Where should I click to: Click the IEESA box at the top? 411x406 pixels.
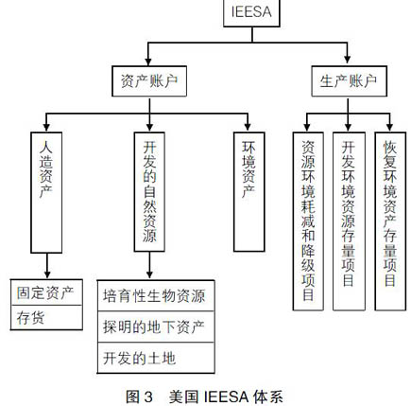click(x=251, y=12)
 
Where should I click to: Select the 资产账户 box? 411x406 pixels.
click(x=149, y=81)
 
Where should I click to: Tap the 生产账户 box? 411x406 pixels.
click(x=349, y=81)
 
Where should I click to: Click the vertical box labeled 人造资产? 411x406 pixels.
click(x=46, y=192)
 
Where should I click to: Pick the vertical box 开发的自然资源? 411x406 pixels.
click(x=149, y=192)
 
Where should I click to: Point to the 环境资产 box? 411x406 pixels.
click(x=248, y=192)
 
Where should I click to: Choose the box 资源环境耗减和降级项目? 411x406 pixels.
click(x=308, y=221)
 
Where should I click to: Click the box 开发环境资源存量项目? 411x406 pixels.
click(x=349, y=221)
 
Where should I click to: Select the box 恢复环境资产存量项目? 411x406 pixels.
click(x=390, y=221)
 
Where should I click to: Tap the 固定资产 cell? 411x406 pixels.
click(x=46, y=292)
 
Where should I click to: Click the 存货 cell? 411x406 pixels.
click(x=46, y=318)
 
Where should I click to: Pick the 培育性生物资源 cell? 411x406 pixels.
click(x=156, y=295)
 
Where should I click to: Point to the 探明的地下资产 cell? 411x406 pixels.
click(x=156, y=327)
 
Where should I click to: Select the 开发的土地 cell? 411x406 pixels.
click(x=156, y=358)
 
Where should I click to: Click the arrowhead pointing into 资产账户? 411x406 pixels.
click(x=148, y=62)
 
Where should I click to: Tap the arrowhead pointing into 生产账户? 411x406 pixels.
click(x=347, y=59)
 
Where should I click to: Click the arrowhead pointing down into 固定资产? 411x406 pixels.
click(x=47, y=274)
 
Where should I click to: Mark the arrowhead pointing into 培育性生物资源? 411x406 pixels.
click(x=149, y=274)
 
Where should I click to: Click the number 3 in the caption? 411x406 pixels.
click(x=148, y=397)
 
